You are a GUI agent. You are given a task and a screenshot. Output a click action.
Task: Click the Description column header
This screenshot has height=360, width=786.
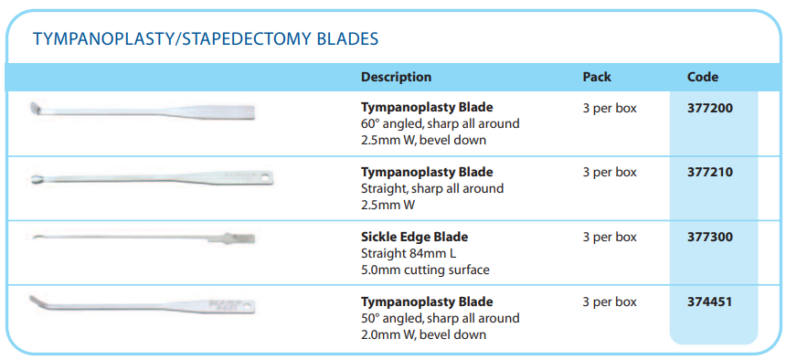[396, 77]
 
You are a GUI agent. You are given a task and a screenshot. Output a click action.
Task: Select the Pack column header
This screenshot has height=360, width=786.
[597, 77]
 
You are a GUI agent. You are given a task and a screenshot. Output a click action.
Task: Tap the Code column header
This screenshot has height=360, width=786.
[702, 77]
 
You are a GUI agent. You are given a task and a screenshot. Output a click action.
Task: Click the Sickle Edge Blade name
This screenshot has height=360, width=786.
[415, 237]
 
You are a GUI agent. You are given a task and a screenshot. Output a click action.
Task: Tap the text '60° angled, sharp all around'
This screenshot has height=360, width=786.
[441, 123]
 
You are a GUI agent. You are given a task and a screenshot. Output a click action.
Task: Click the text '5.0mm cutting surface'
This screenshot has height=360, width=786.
[425, 270]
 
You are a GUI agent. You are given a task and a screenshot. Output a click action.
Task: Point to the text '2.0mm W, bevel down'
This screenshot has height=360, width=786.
[423, 334]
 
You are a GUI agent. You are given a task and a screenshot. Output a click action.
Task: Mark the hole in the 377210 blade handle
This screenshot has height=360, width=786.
[264, 176]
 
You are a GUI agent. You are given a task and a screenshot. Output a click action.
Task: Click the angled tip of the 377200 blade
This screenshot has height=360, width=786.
[35, 108]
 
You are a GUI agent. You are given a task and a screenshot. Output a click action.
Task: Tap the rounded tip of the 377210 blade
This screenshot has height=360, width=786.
[36, 179]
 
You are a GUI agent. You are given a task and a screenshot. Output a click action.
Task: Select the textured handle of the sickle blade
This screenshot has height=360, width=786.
[240, 237]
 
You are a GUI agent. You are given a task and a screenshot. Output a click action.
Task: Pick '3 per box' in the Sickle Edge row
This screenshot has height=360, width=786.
[610, 237]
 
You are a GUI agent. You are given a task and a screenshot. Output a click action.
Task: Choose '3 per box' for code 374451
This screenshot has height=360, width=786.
[610, 302]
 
